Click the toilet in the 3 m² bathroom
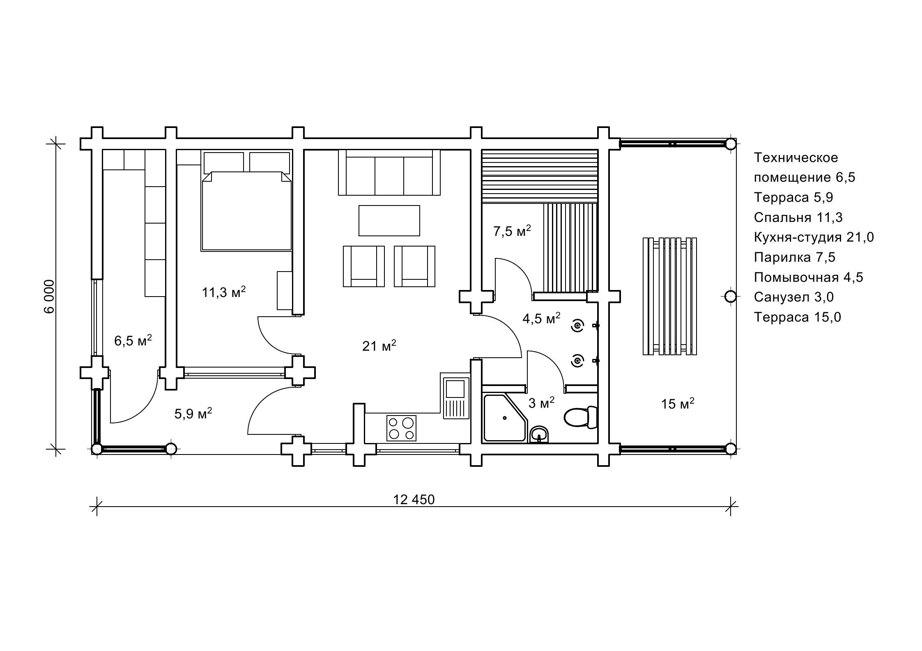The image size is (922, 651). [580, 418]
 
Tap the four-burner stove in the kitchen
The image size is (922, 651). [401, 428]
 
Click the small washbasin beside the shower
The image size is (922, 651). [539, 434]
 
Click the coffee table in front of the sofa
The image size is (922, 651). [389, 221]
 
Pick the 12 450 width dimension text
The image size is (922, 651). [414, 500]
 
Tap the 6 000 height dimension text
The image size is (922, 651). [49, 296]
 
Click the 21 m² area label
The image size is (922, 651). [379, 346]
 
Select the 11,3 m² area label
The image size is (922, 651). [224, 292]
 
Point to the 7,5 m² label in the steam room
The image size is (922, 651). [512, 231]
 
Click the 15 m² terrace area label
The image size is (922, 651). [677, 404]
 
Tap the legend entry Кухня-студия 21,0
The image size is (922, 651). [814, 237]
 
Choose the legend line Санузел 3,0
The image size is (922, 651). [793, 297]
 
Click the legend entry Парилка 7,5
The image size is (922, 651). [794, 257]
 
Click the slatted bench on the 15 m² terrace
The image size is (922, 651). [669, 296]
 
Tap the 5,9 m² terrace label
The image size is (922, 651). [193, 413]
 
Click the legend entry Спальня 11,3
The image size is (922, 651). [798, 217]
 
